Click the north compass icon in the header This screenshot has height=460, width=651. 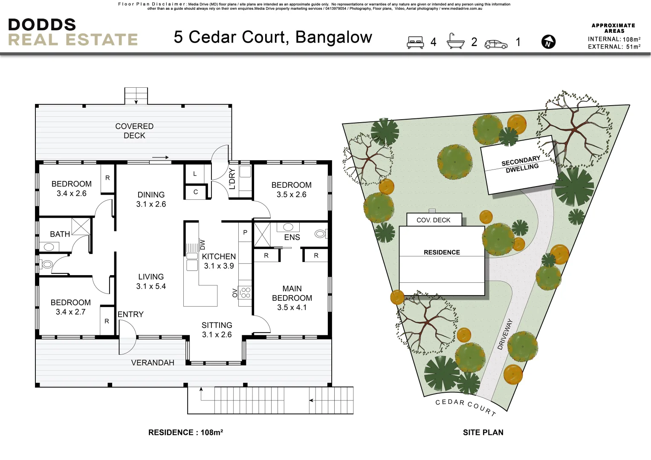[548, 42]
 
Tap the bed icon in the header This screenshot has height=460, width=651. [415, 42]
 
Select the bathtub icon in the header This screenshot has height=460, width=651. [455, 41]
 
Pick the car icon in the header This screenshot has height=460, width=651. [496, 44]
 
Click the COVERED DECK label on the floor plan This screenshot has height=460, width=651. [134, 131]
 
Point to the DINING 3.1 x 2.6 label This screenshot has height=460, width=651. [151, 199]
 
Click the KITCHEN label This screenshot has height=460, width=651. [219, 256]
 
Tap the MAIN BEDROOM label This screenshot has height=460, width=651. [292, 293]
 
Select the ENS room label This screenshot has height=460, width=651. [292, 237]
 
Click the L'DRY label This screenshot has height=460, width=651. [232, 178]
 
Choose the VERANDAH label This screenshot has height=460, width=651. [153, 363]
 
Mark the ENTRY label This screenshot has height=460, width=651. [130, 314]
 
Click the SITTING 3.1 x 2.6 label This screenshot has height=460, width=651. [217, 330]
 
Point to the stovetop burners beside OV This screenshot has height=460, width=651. [245, 292]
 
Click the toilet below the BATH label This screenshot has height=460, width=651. [47, 264]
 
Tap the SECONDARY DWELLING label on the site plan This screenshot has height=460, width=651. [521, 164]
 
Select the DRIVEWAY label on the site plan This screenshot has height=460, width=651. [505, 334]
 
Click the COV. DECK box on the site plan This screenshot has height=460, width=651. [434, 220]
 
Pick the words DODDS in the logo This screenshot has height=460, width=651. [42, 25]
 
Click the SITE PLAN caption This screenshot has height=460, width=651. [483, 432]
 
